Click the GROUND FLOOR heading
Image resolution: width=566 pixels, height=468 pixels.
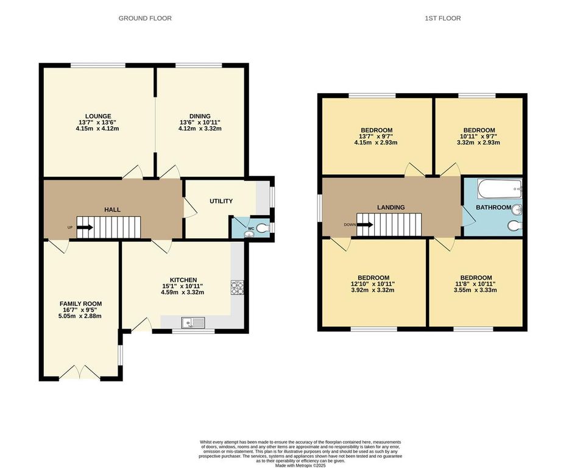click(144, 18)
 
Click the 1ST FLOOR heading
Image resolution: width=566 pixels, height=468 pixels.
click(442, 18)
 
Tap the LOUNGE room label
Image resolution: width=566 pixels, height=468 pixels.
click(97, 116)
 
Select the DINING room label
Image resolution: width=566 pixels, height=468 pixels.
click(199, 116)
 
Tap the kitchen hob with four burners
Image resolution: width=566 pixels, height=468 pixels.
click(236, 287)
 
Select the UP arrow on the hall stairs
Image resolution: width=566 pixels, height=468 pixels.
click(85, 227)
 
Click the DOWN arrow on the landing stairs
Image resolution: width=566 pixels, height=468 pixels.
click(365, 224)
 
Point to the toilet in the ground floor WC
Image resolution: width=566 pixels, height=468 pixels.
click(262, 229)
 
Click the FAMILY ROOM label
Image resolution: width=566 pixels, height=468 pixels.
click(80, 303)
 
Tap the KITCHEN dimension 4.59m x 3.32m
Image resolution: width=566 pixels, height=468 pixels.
click(183, 292)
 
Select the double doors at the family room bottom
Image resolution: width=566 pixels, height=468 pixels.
click(80, 371)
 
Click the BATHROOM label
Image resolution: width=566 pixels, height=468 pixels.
click(493, 207)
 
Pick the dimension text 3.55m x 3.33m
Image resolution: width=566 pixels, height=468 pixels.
click(476, 290)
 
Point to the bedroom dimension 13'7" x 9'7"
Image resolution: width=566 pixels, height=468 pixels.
click(376, 136)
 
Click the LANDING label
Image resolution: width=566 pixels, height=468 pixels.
click(391, 207)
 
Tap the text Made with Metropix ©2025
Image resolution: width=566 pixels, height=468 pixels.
click(300, 465)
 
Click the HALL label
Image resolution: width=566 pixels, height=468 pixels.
click(112, 209)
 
